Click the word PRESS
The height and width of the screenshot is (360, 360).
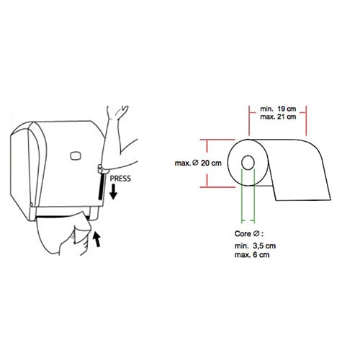coord(120,179)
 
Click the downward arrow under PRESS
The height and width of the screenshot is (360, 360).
coord(113,192)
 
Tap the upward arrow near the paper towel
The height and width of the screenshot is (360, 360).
coord(96,238)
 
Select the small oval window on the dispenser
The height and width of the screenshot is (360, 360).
coord(76,156)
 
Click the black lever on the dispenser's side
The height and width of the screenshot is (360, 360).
coord(102,185)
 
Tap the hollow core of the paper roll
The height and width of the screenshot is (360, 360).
coord(248,163)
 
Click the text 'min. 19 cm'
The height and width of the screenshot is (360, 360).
coord(278,109)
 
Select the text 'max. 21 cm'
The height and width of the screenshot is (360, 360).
coord(278,117)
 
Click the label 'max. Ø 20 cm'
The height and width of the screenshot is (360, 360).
coord(198,163)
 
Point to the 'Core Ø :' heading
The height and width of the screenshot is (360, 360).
coord(249,233)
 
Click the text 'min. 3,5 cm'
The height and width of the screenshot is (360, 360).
coord(255,246)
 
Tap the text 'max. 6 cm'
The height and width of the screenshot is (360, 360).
coord(252,255)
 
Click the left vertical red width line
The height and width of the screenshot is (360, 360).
coord(249,121)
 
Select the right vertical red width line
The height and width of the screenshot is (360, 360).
coord(306,121)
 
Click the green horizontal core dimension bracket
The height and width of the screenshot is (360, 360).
coord(248,220)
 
